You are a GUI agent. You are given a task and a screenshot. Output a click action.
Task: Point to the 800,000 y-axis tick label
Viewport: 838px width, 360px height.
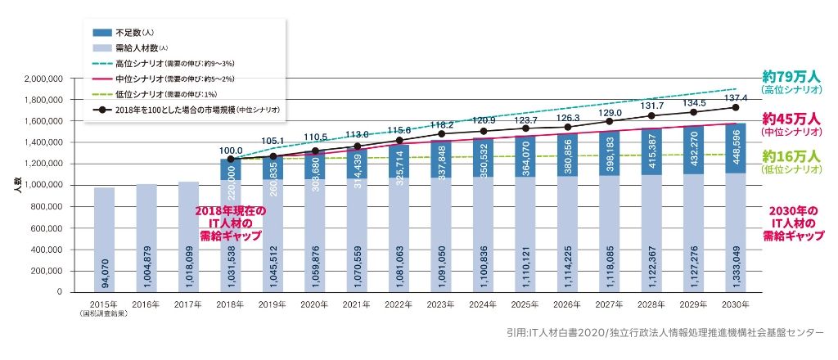coord(47,207)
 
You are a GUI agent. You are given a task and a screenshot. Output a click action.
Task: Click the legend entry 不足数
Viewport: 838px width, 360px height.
coord(130,33)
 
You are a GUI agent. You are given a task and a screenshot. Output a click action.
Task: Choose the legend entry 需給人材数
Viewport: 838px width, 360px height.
coord(134,48)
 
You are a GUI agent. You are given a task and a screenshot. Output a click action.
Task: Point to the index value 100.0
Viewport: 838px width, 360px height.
coord(232,150)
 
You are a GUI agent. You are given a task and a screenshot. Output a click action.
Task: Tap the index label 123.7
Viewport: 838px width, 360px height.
coord(525,119)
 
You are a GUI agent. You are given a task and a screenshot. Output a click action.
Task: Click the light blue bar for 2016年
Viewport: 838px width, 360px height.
coord(146,237)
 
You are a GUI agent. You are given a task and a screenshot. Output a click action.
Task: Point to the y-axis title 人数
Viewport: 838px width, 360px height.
coord(17,186)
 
